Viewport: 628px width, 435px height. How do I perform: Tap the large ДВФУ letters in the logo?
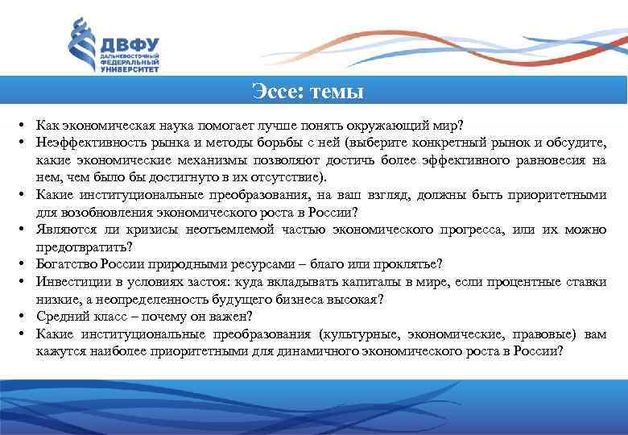(129, 44)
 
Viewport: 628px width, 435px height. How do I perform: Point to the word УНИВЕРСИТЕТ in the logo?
(129, 69)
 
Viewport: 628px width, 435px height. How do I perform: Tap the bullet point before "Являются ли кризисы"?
(17, 230)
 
